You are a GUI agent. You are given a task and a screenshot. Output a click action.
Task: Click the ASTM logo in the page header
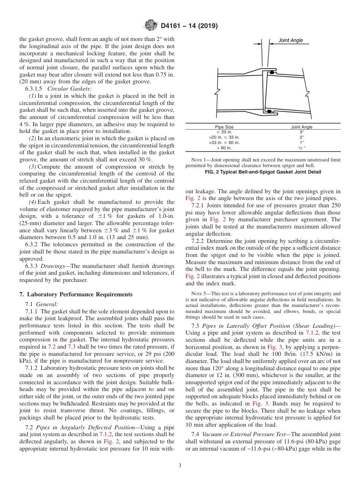(x=151, y=26)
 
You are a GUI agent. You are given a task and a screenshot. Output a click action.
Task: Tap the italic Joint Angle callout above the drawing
(x=291, y=41)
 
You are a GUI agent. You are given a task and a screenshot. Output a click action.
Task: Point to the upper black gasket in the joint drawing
(x=272, y=72)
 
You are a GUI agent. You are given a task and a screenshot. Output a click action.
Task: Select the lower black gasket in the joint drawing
(x=268, y=111)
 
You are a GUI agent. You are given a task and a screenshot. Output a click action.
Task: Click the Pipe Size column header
(x=224, y=127)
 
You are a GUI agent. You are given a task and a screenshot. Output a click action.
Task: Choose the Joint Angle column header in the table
(x=302, y=127)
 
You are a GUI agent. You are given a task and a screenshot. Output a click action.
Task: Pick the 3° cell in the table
(x=302, y=132)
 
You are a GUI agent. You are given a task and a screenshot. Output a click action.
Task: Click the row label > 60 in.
(x=224, y=148)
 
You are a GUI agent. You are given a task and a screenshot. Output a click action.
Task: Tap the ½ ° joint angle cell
(x=302, y=148)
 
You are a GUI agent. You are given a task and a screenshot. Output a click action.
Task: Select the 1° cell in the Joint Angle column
(x=302, y=142)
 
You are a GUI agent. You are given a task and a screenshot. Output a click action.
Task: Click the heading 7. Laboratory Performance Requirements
(x=76, y=294)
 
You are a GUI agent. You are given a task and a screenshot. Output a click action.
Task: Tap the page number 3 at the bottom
(x=180, y=466)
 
